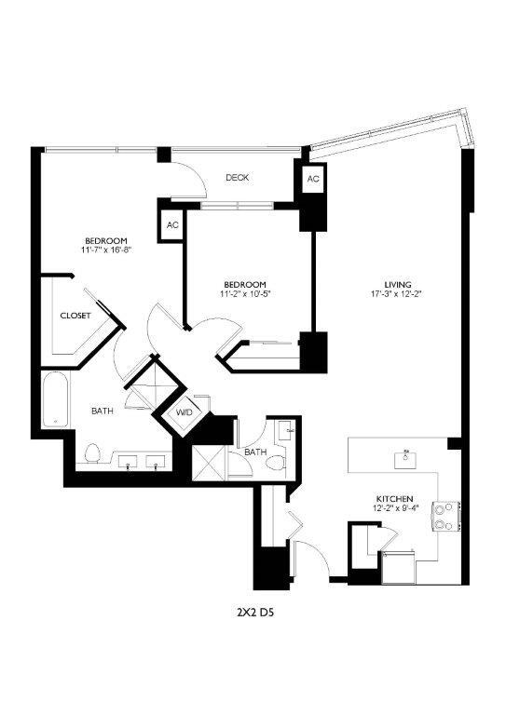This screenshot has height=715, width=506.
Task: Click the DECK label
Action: point(237,178)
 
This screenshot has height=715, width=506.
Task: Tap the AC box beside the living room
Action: point(312,179)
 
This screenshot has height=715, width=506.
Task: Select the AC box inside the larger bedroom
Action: point(172,225)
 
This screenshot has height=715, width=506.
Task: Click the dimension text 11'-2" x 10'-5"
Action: point(245,294)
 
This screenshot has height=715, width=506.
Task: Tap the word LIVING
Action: point(398,285)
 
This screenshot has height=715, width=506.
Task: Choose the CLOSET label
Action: point(75,316)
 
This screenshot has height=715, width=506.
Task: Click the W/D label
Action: point(183,411)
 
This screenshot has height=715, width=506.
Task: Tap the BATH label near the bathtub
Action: point(103,411)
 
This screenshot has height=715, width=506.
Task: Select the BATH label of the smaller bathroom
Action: point(255,452)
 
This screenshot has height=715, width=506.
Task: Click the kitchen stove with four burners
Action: point(446,516)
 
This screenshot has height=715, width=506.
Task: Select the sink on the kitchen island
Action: point(407,457)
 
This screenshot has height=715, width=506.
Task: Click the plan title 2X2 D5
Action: point(253,613)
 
